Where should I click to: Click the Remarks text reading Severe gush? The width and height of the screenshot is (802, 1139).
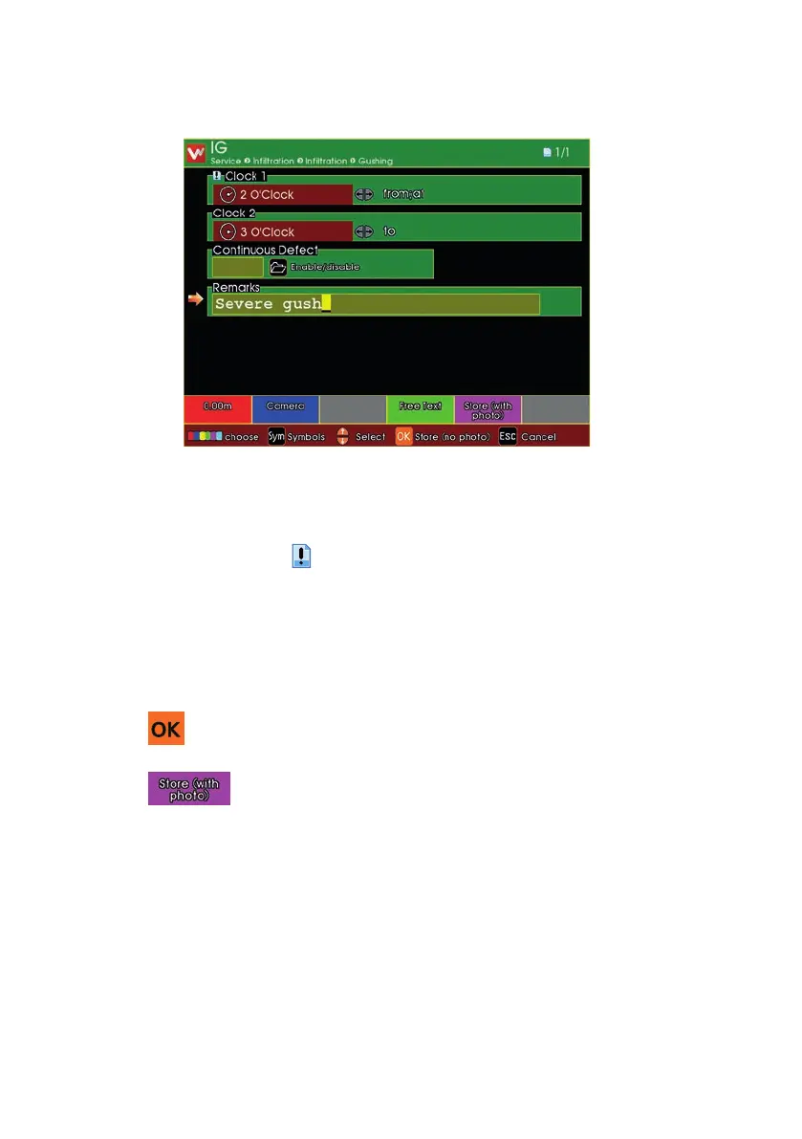coord(269,304)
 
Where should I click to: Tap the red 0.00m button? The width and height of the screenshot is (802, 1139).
coord(218,406)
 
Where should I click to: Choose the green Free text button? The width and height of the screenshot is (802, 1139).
coord(420,406)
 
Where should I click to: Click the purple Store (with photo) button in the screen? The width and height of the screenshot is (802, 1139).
coord(488,408)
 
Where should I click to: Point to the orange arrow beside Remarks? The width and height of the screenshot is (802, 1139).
coord(195,300)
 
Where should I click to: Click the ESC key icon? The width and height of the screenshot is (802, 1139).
coord(508,436)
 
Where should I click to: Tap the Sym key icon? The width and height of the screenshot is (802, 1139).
coord(276,436)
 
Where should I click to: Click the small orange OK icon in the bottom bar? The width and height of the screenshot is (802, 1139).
coord(403,436)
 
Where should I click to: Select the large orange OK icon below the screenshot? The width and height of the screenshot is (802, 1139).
coord(165,729)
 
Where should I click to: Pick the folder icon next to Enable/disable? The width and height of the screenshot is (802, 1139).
coord(278,267)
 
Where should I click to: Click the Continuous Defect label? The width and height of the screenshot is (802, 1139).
coord(265,251)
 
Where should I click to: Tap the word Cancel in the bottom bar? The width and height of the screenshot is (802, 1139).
coord(538,437)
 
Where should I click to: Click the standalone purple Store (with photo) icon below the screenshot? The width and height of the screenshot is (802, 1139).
coord(188,789)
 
